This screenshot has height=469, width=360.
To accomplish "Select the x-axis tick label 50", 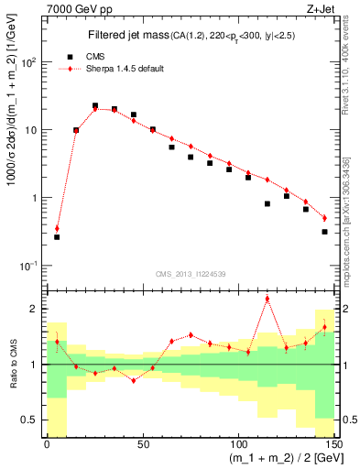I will (143, 443).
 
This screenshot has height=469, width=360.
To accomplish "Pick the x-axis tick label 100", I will (238, 443).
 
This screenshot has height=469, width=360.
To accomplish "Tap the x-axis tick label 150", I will (333, 443).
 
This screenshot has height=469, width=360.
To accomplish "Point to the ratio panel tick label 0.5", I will (33, 420).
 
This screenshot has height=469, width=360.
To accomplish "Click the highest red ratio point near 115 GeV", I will (267, 299).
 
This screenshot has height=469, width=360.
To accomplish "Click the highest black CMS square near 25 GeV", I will (95, 106).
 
